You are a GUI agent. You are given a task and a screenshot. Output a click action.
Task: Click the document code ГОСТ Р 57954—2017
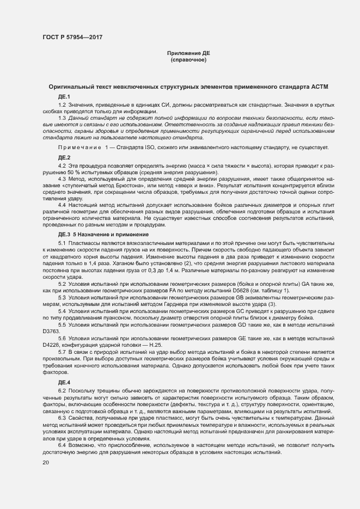point(72,38)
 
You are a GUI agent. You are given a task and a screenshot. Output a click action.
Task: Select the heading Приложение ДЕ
point(188,53)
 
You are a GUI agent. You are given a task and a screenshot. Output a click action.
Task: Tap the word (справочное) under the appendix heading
point(188,59)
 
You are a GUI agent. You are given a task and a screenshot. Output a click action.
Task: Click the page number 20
point(46,462)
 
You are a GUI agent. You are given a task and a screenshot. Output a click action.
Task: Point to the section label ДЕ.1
point(57,96)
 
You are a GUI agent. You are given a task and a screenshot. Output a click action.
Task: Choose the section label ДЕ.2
point(57,157)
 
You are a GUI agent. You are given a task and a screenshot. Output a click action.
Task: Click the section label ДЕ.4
point(57,382)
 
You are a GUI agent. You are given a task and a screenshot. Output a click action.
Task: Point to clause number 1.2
point(62,104)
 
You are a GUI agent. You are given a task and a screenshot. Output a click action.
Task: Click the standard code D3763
point(51,330)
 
